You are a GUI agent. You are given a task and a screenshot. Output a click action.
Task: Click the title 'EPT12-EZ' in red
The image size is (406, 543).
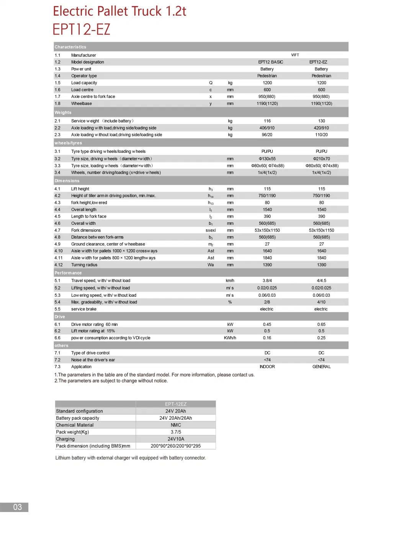click(x=81, y=29)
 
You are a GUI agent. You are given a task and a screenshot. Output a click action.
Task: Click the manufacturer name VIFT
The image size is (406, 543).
click(x=295, y=55)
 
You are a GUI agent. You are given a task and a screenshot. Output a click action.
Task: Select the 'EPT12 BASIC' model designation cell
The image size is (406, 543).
click(x=270, y=62)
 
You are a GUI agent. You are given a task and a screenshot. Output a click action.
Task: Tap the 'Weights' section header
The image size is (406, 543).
click(x=63, y=113)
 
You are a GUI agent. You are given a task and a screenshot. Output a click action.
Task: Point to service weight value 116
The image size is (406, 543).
click(x=267, y=121)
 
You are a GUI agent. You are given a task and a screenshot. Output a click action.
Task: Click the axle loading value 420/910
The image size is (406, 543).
click(x=321, y=128)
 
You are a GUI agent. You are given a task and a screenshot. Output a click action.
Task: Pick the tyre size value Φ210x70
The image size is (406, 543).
click(x=321, y=159)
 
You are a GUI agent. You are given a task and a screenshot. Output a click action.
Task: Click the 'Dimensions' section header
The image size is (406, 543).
click(x=67, y=181)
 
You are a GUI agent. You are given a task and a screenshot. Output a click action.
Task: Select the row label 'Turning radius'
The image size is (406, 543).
click(x=84, y=265)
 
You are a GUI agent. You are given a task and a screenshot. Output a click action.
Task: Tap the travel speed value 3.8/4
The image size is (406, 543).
click(x=267, y=281)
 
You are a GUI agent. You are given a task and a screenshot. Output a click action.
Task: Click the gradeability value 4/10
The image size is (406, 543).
click(x=321, y=302)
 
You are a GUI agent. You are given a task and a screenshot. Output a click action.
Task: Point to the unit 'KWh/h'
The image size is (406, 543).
click(x=230, y=338)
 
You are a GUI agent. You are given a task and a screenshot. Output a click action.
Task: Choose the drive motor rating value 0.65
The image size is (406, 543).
click(x=321, y=324)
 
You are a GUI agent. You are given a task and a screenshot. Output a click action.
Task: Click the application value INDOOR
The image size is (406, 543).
click(x=267, y=367)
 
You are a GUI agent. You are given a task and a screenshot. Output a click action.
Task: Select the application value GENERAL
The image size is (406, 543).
click(x=321, y=367)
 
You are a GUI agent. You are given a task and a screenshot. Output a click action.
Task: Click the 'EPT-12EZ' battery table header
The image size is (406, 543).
click(x=176, y=404)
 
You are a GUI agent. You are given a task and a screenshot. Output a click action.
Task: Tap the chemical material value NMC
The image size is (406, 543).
click(x=176, y=425)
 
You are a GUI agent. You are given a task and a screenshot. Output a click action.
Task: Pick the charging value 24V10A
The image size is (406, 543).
click(x=176, y=439)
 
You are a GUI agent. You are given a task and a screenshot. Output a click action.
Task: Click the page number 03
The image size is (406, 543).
click(x=18, y=507)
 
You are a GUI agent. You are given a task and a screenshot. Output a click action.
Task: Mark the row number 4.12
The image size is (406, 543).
click(x=59, y=265)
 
